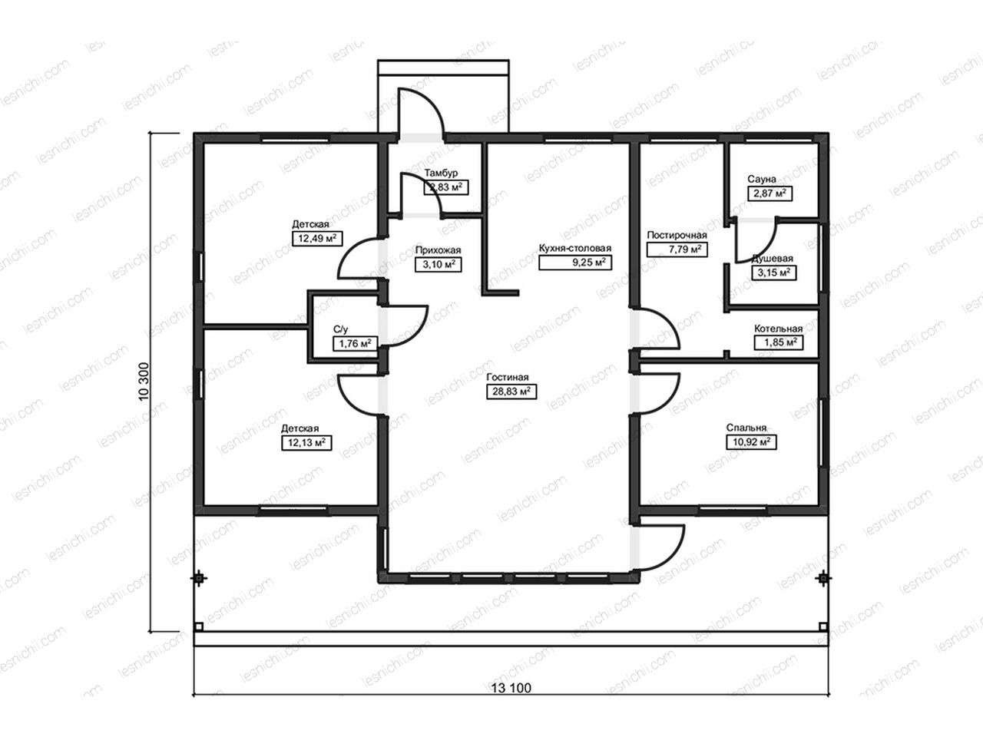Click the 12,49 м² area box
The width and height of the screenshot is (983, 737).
pyautogui.click(x=317, y=238)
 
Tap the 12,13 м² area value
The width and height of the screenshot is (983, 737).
pyautogui.click(x=306, y=442)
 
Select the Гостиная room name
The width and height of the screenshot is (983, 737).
pyautogui.click(x=508, y=377)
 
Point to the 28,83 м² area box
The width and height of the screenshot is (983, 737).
pyautogui.click(x=511, y=392)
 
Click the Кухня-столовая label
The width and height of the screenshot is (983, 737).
pyautogui.click(x=575, y=248)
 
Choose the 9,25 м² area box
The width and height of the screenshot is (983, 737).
pyautogui.click(x=575, y=263)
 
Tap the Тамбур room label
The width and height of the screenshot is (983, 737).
pyautogui.click(x=441, y=173)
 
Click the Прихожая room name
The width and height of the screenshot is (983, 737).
pyautogui.click(x=438, y=250)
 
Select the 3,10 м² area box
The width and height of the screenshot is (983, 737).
pyautogui.click(x=438, y=264)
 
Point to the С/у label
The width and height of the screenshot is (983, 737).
pyautogui.click(x=340, y=329)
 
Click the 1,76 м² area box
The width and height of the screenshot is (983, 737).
pyautogui.click(x=355, y=344)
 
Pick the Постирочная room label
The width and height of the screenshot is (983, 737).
pyautogui.click(x=677, y=235)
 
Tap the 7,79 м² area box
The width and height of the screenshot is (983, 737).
pyautogui.click(x=677, y=250)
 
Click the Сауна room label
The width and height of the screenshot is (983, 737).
pyautogui.click(x=762, y=179)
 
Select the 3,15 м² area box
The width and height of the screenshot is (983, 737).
pyautogui.click(x=774, y=273)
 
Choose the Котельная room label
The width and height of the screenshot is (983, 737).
pyautogui.click(x=779, y=329)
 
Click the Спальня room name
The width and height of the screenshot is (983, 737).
pyautogui.click(x=746, y=428)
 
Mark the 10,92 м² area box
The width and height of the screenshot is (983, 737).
pyautogui.click(x=751, y=442)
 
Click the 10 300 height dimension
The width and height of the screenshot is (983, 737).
pyautogui.click(x=144, y=382)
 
